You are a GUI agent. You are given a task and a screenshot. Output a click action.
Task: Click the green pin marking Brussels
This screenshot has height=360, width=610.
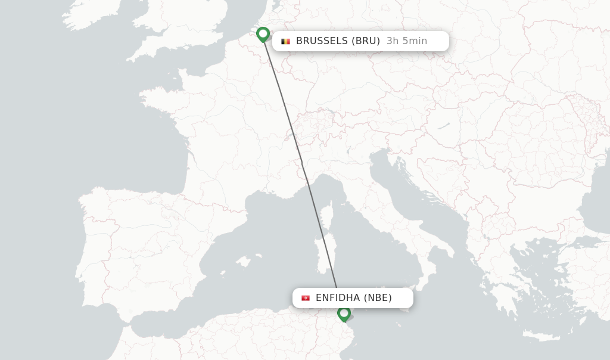coord(263,34)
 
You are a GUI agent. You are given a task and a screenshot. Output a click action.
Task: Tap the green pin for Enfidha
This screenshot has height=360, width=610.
coord(344,314)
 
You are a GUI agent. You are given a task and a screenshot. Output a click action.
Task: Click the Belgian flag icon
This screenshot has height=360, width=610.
coord(285,41)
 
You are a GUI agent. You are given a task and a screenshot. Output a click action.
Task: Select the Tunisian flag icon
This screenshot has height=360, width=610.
coord(306,298)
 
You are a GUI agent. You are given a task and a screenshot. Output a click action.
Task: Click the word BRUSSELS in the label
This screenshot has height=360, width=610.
coord(322,41)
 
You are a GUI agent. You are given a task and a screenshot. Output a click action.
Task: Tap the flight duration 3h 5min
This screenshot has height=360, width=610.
coord(407,41)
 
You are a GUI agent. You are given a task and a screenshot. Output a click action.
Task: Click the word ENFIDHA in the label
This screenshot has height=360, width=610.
coord(338,298)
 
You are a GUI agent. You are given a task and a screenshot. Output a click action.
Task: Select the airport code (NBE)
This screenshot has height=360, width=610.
coord(378,298)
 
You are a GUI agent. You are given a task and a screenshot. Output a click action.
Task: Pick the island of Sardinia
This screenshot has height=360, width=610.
coord(325,254)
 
